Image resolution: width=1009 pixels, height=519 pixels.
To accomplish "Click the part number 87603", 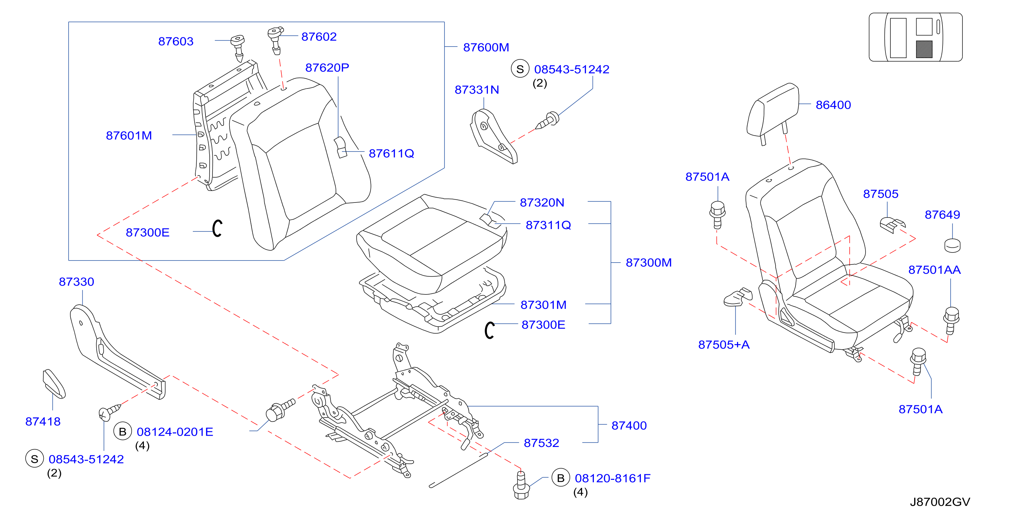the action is [x=176, y=42].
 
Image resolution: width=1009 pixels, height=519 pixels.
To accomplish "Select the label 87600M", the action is [x=486, y=47].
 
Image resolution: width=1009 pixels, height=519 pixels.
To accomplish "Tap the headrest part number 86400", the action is [x=833, y=105].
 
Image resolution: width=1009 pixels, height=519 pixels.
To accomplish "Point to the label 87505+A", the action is [x=724, y=344].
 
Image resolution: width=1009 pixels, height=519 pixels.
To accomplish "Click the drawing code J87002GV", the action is [x=940, y=502].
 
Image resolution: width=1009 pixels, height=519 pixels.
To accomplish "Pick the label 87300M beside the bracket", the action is [x=649, y=263].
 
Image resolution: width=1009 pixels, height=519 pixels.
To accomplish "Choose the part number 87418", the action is [x=43, y=421].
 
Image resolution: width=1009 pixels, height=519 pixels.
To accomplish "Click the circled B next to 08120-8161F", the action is [x=561, y=478].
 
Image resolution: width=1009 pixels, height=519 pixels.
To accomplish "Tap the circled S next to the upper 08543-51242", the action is [x=520, y=69].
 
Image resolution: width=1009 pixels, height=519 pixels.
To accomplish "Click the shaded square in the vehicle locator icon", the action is [x=924, y=49].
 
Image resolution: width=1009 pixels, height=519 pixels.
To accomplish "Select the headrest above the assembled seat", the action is [x=773, y=114].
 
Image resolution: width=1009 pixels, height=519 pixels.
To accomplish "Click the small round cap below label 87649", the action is [x=953, y=246].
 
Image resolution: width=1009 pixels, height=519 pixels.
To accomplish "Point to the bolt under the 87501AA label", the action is [x=951, y=320].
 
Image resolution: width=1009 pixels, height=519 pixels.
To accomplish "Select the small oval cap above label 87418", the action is [x=54, y=384].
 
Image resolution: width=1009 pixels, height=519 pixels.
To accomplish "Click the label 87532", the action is [x=541, y=443].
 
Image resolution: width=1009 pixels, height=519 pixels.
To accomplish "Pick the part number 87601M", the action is [x=129, y=135].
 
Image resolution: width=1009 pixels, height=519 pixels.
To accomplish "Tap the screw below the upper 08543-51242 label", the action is [x=547, y=121].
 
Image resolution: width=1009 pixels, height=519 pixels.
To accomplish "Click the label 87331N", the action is [x=477, y=90].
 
